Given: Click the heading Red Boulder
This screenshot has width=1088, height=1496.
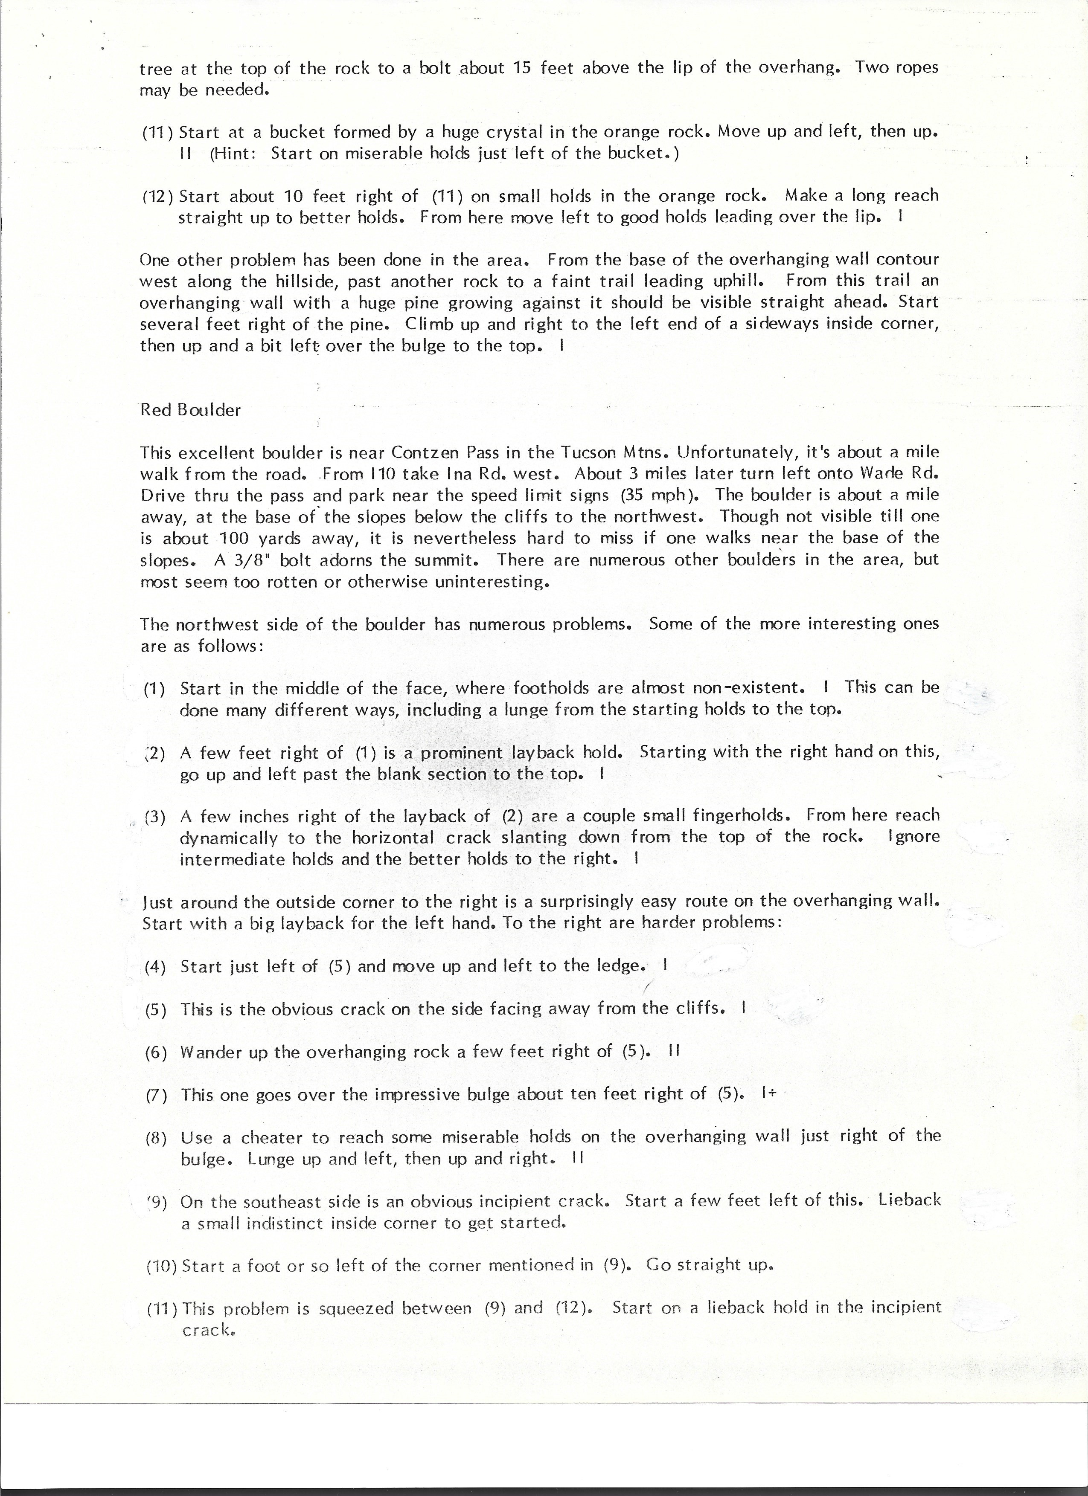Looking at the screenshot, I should pyautogui.click(x=190, y=410).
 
